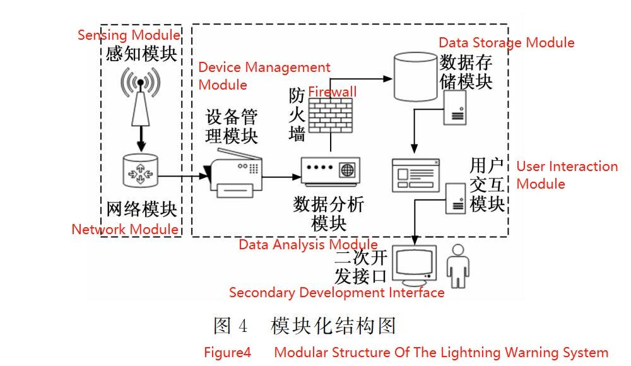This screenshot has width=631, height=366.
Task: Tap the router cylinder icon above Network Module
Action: click(x=140, y=170)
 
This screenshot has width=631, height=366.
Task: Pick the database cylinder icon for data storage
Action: click(x=415, y=77)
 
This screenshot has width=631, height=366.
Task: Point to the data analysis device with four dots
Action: click(x=329, y=171)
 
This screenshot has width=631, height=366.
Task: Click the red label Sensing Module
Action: click(x=128, y=35)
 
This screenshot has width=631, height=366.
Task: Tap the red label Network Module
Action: click(x=125, y=229)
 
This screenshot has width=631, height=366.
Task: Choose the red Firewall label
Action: click(x=332, y=92)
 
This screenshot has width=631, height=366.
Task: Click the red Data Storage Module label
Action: click(x=506, y=42)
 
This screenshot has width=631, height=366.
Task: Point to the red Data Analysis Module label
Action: click(x=308, y=245)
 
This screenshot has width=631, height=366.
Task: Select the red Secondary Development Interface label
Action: click(x=336, y=293)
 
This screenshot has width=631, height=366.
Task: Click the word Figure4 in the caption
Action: click(x=227, y=352)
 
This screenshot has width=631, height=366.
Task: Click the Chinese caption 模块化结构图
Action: click(x=333, y=326)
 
